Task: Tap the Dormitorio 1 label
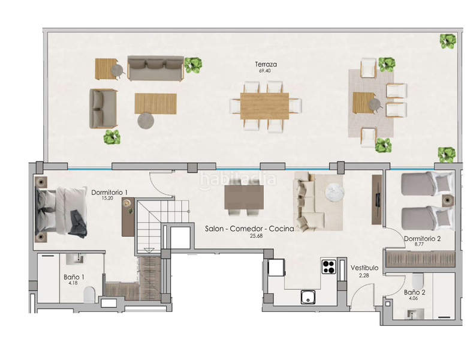(x=110, y=192)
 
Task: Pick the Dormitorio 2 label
(x=422, y=238)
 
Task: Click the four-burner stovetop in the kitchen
(x=329, y=266)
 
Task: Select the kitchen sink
(x=308, y=295)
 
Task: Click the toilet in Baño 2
(x=420, y=280)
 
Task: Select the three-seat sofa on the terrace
(x=155, y=69)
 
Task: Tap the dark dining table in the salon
(x=244, y=196)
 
